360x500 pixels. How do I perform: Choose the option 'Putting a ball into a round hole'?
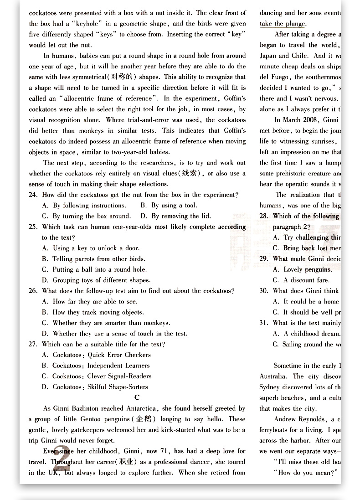94,269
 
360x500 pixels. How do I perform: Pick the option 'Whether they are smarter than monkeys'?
106,323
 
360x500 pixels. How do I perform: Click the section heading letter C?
137,397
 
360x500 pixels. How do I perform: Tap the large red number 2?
62,460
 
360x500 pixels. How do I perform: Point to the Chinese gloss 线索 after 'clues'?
192,173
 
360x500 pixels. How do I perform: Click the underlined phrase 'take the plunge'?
283,24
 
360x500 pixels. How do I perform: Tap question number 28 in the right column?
264,216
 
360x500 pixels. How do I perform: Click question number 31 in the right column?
264,323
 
